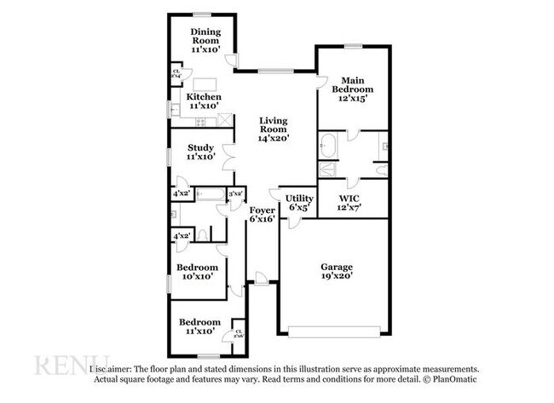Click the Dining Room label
tap(205, 40)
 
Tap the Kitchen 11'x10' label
tap(204, 101)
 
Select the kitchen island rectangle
tap(205, 83)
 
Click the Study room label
tap(201, 152)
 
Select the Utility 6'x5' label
tap(299, 202)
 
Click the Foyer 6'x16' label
tap(263, 214)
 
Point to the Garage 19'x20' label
tap(335, 270)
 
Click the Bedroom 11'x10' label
tap(199, 326)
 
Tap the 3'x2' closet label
tap(236, 195)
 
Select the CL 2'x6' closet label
tap(239, 334)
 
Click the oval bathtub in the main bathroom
tap(328, 147)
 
